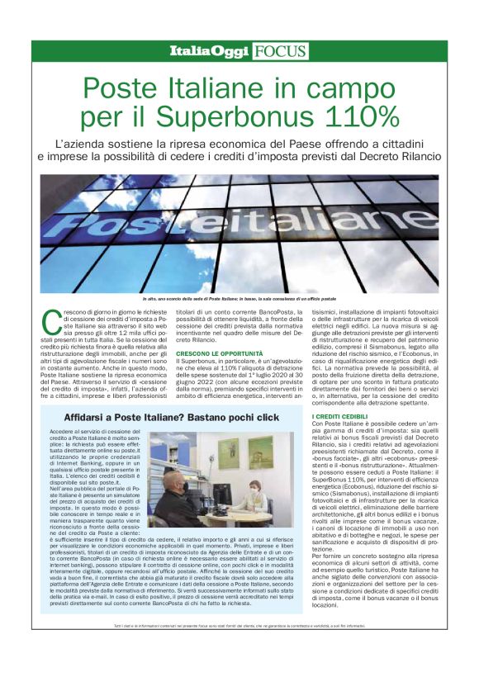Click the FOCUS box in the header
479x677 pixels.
coord(280,51)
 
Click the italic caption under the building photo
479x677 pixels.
coord(239,297)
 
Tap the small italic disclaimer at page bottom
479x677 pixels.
coord(239,650)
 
